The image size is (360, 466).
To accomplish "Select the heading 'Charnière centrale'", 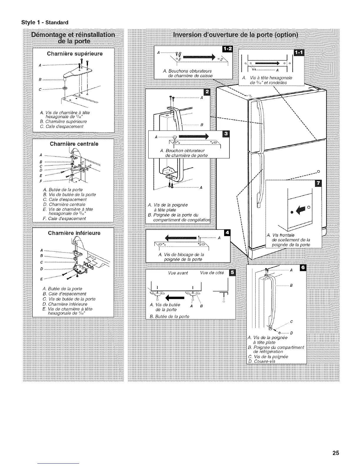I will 74,144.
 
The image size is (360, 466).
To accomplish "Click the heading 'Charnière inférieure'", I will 74,233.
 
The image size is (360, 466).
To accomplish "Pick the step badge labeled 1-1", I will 301,52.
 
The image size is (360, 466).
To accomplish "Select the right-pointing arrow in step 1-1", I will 266,63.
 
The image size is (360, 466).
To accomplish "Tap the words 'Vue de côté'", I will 212,273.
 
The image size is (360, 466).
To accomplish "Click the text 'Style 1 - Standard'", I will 44,22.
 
